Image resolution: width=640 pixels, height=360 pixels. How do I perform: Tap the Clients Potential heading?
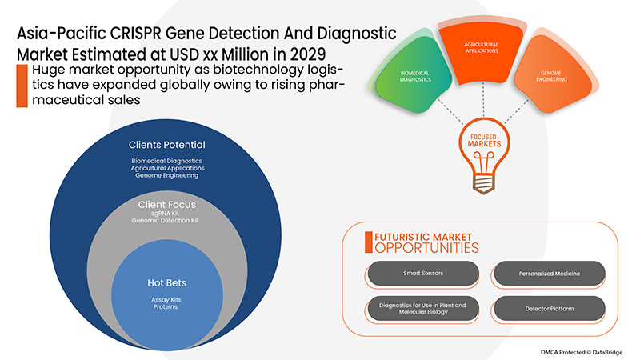coord(166,145)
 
